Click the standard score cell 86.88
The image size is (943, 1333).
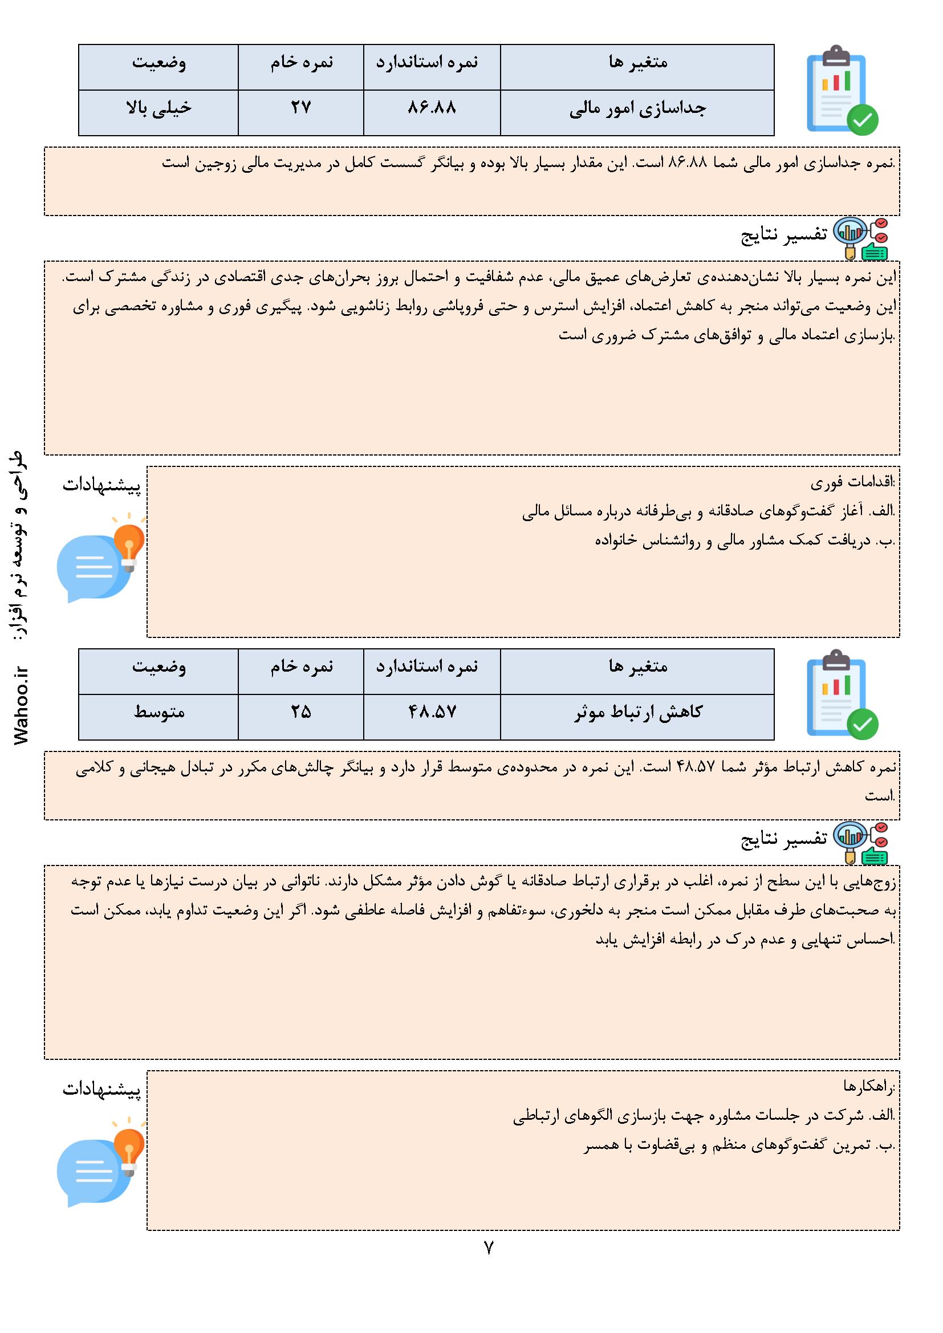[432, 108]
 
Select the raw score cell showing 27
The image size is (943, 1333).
[301, 108]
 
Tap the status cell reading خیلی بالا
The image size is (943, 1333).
[158, 108]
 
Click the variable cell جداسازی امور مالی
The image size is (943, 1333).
[637, 109]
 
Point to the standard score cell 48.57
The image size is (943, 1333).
[432, 712]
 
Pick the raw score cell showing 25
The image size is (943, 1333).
[301, 712]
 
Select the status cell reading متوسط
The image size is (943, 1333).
[158, 712]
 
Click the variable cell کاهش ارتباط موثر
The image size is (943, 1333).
[637, 712]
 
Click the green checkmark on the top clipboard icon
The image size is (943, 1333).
[862, 120]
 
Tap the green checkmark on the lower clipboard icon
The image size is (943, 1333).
[862, 724]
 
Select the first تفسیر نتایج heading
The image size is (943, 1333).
[783, 234]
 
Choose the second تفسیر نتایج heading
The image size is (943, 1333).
[783, 839]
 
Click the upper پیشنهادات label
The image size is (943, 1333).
[101, 486]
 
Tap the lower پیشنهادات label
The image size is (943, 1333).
[101, 1090]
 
